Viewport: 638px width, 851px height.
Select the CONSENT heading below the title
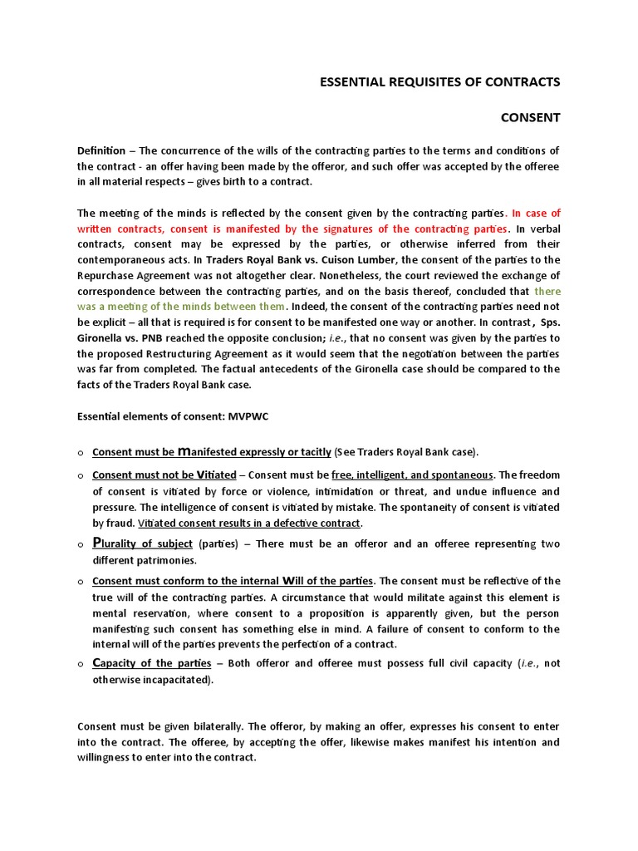coord(530,118)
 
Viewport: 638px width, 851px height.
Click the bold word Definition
coord(101,150)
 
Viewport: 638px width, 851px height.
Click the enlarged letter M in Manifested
coord(183,452)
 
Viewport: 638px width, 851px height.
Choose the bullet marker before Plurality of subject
coord(81,544)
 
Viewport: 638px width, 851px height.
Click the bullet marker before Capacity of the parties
coord(81,664)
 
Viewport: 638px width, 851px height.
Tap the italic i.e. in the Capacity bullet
coord(528,663)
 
